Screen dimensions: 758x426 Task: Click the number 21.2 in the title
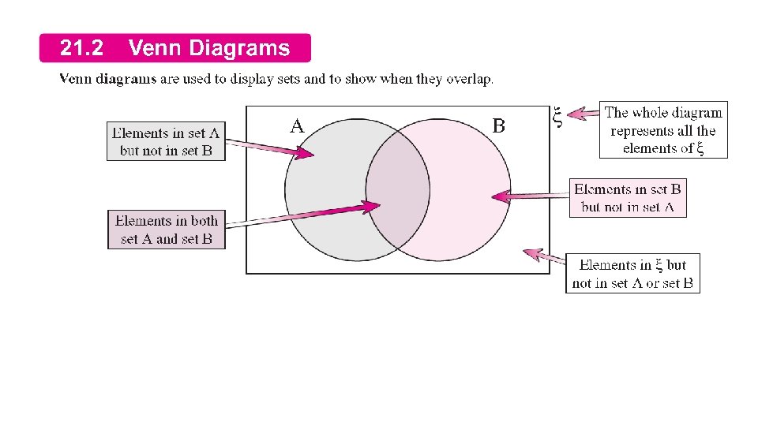[x=81, y=49]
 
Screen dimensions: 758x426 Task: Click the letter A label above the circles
[x=296, y=126]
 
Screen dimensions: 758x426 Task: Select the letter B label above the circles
[x=498, y=125]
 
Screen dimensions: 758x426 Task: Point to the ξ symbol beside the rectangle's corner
[x=557, y=118]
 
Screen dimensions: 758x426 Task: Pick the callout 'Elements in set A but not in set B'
[x=166, y=141]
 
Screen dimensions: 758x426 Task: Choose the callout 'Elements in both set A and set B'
[x=166, y=230]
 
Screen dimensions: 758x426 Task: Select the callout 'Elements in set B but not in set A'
[x=627, y=198]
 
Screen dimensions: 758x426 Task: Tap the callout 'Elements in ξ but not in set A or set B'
[x=632, y=274]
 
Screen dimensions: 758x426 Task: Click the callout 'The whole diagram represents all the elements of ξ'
[x=663, y=130]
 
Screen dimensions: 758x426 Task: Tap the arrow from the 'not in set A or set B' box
[x=546, y=256]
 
